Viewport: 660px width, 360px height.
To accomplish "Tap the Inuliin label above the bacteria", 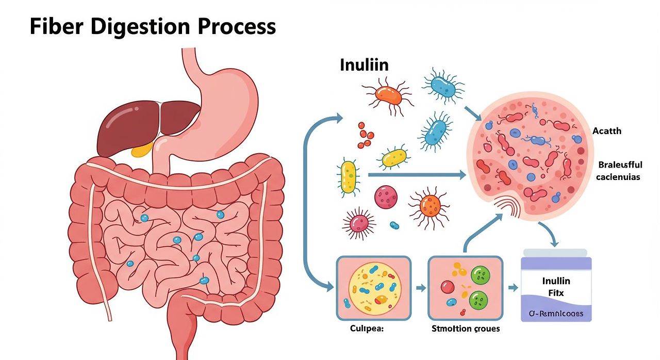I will pos(364,65).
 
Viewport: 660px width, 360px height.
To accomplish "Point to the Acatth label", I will pos(607,131).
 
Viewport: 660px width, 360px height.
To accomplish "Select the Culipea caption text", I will pos(367,329).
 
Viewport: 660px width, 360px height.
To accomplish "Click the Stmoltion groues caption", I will pos(465,329).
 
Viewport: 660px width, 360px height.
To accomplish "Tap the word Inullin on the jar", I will pos(556,281).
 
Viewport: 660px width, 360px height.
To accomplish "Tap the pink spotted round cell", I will pos(386,197).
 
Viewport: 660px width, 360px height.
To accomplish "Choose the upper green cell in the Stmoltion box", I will pos(481,274).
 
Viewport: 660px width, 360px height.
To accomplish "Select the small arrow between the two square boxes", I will pos(420,288).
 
